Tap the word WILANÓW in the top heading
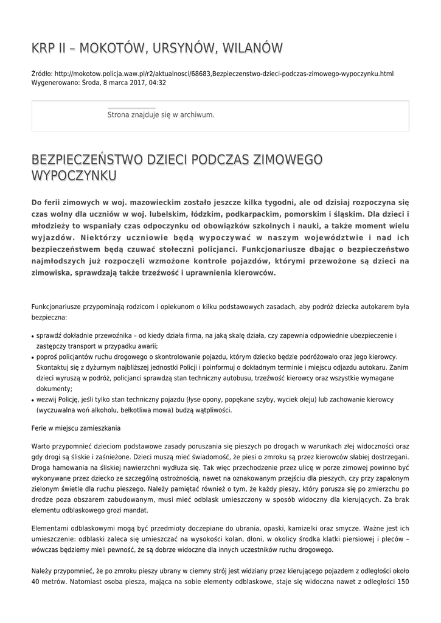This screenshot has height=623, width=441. [251, 48]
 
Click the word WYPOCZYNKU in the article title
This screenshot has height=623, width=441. [74, 176]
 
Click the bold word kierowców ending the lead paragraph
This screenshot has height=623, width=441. [252, 273]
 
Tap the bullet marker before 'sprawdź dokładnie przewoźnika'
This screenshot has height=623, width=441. [33, 336]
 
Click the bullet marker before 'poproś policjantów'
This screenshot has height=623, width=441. [33, 358]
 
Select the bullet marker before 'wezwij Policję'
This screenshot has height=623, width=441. [33, 400]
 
